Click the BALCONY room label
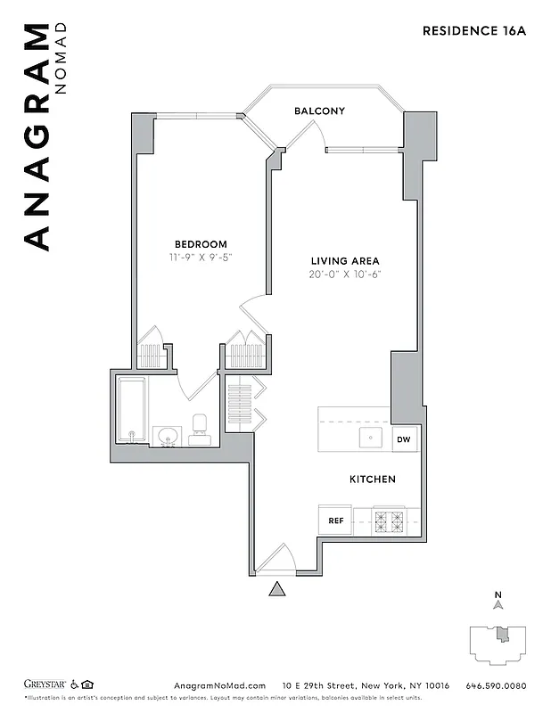pos(319,111)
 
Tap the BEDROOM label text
pos(201,244)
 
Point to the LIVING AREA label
pos(347,260)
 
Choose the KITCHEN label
pos(372,479)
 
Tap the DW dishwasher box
pos(404,438)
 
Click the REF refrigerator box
pos(336,520)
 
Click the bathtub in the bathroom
pos(133,411)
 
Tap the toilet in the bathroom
pos(200,428)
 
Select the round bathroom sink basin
pos(166,436)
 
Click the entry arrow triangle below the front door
pos(277,589)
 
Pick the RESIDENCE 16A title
pos(474,30)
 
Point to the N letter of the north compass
pos(499,595)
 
